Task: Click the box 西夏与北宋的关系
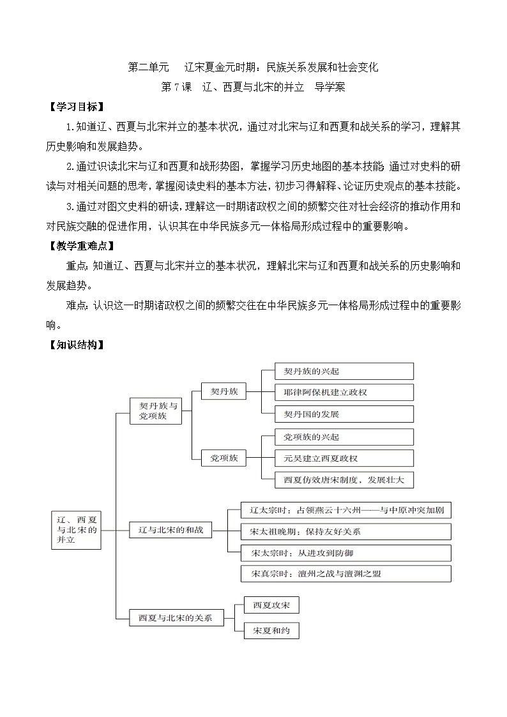(170, 617)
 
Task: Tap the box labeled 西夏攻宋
(271, 605)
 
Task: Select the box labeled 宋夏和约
(271, 631)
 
